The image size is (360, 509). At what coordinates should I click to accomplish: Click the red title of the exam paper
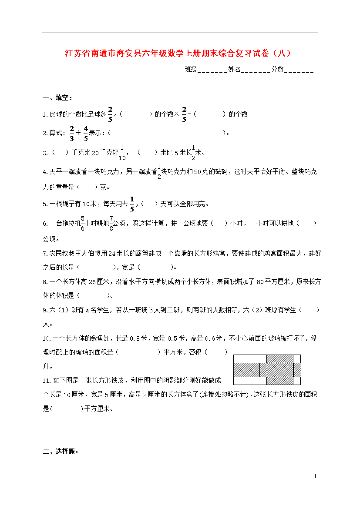(x=177, y=54)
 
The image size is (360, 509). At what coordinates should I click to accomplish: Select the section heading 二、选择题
(x=61, y=452)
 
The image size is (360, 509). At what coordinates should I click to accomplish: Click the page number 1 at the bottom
(x=315, y=477)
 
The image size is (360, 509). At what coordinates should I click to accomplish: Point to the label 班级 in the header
(x=191, y=69)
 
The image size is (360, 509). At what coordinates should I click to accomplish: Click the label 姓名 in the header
(x=234, y=69)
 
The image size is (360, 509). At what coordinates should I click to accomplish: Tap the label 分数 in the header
(x=277, y=69)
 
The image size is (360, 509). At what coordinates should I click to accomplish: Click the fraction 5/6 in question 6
(x=83, y=223)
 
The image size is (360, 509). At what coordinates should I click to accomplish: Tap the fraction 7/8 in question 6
(x=111, y=223)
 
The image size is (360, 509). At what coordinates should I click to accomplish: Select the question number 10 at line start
(x=46, y=338)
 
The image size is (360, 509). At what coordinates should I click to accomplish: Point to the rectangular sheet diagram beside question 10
(x=267, y=370)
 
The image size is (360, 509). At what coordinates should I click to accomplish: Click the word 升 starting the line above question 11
(x=45, y=366)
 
